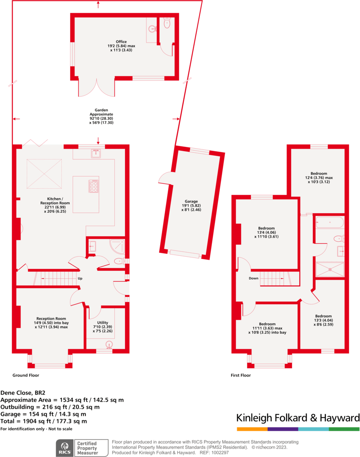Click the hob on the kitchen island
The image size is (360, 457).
click(94, 186)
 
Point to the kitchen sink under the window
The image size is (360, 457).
click(96, 153)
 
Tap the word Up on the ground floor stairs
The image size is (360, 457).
click(80, 278)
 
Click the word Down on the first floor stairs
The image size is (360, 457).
click(254, 278)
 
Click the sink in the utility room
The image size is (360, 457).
click(109, 344)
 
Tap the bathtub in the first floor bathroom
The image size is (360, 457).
click(330, 222)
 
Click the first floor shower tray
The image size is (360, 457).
click(330, 269)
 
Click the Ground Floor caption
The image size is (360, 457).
click(26, 375)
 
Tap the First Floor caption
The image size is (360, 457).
click(241, 375)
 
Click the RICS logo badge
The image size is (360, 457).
click(65, 447)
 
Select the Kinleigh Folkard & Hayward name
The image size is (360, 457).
click(298, 418)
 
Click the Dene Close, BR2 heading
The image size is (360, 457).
click(23, 393)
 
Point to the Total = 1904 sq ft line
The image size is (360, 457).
click(44, 421)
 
